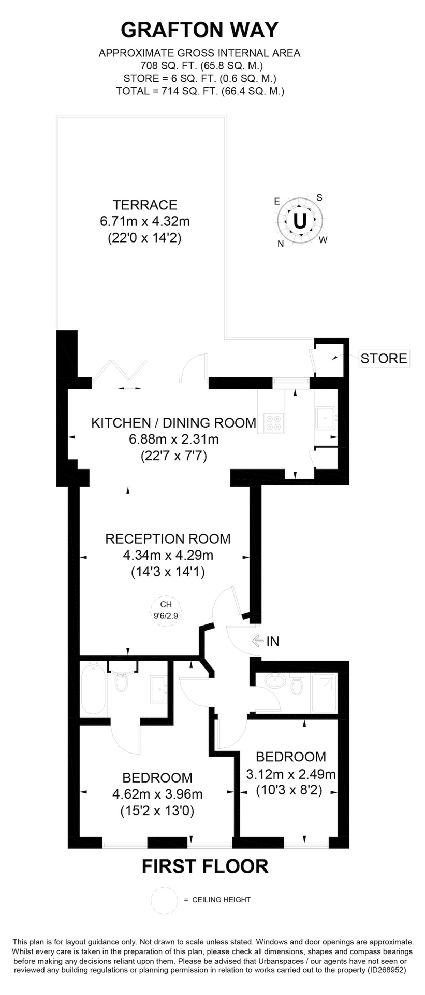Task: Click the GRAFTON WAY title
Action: (x=199, y=30)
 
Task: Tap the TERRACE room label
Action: (x=145, y=205)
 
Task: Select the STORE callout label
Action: (x=384, y=358)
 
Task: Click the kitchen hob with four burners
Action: (x=274, y=423)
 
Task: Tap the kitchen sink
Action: (x=325, y=418)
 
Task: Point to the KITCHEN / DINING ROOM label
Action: (x=174, y=423)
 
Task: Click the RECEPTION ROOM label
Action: (x=168, y=538)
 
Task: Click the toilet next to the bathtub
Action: (x=122, y=681)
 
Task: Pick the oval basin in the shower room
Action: (x=274, y=680)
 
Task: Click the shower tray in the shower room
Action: (x=323, y=693)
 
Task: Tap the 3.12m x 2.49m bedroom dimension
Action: (x=291, y=774)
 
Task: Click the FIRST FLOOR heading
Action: (x=205, y=866)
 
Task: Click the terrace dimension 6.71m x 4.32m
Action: (x=145, y=221)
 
